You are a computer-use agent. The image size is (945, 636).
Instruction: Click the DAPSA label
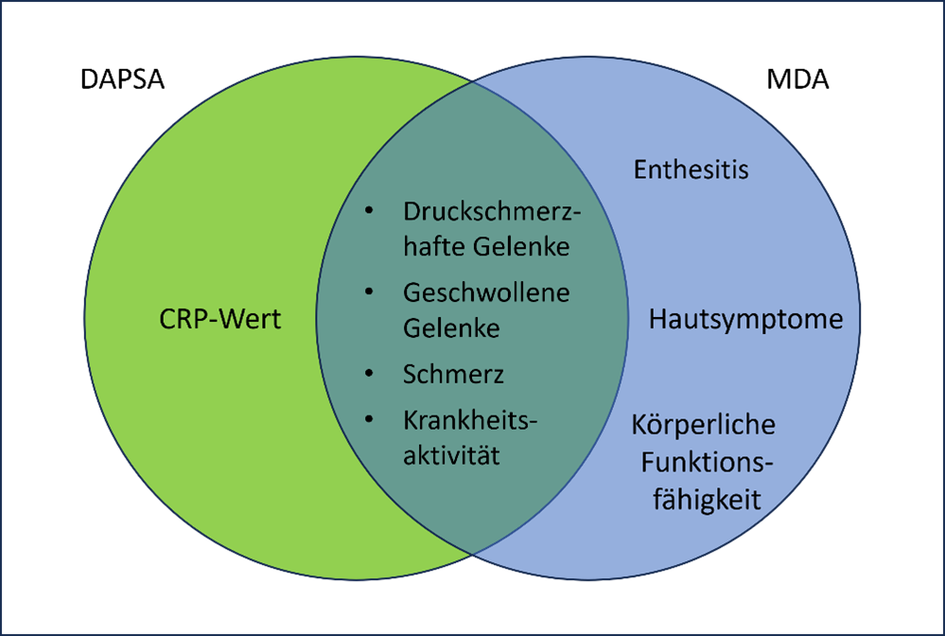coord(122,79)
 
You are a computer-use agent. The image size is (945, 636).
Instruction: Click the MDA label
coord(797,79)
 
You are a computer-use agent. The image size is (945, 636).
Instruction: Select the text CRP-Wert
coord(220,319)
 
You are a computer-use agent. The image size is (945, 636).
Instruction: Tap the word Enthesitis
coord(691,169)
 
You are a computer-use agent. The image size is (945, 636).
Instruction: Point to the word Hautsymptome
coord(745,320)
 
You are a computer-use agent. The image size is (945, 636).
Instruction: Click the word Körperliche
coord(704,424)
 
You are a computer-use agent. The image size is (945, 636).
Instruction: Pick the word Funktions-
coord(707,463)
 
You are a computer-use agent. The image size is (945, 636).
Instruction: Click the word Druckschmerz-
coord(491,212)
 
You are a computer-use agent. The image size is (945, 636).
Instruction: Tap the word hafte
coord(434,247)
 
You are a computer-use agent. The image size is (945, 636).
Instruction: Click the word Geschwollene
coord(486,293)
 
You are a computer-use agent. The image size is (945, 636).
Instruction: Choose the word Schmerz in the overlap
coord(453,375)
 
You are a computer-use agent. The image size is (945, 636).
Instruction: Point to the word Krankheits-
coord(470,420)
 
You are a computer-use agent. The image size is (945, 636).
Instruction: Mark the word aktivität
coord(451,455)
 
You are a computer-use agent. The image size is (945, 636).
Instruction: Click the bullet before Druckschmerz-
coord(370,211)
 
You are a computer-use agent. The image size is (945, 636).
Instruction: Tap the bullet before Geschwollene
coord(370,292)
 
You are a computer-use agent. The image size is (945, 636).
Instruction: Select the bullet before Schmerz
coord(370,374)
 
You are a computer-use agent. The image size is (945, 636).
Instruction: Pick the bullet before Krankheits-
coord(370,419)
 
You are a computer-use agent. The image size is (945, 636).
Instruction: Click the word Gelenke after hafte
coord(521,247)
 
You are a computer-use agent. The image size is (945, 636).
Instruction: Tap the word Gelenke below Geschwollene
coord(451,328)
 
